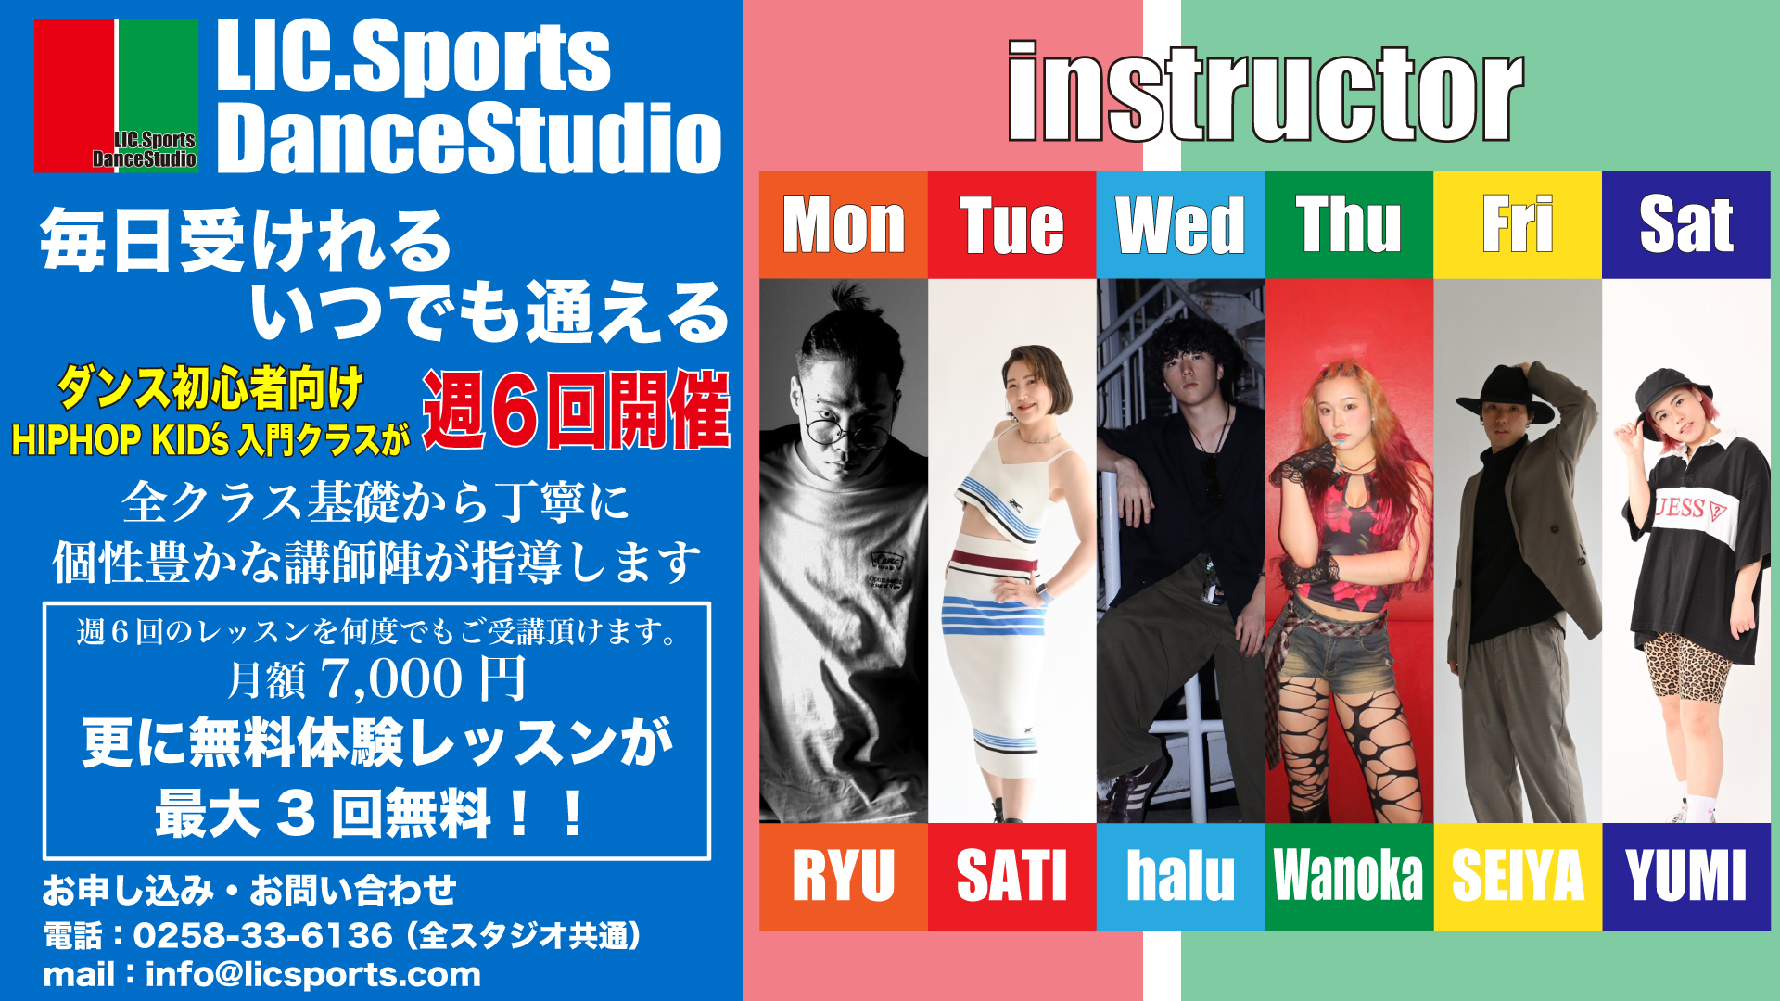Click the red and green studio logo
[116, 95]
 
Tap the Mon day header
[844, 225]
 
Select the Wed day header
[1180, 225]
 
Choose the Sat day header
[1686, 225]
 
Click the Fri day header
[1518, 225]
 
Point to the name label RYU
[844, 876]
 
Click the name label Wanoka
[1349, 876]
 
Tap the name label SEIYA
[1518, 876]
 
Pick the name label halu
[1180, 876]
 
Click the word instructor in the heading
[1265, 91]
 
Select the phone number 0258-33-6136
[262, 935]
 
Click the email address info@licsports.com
[313, 975]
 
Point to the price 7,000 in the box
[391, 678]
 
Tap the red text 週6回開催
[576, 410]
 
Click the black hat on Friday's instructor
[1506, 393]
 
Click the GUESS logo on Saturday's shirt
[1693, 508]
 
